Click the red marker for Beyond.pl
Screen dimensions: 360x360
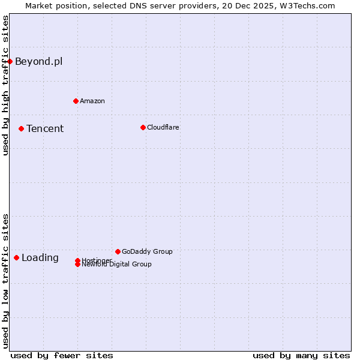10,61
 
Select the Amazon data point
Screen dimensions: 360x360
76,101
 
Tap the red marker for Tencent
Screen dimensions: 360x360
21,128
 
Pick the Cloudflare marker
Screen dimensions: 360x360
143,127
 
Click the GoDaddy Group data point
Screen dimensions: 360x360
118,251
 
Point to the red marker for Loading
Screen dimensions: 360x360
16,257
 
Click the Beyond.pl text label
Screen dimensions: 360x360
38,61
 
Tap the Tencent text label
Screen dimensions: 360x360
45,128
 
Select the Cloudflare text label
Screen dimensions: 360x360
163,127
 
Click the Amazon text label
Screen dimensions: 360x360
92,101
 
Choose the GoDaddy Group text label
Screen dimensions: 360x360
147,251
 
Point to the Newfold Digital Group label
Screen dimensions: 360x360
116,265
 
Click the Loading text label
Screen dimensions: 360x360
40,258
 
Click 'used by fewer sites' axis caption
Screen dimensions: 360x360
62,355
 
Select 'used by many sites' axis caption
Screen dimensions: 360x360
301,355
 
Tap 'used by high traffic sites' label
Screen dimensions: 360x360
6,85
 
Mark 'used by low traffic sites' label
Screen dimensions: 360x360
6,280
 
